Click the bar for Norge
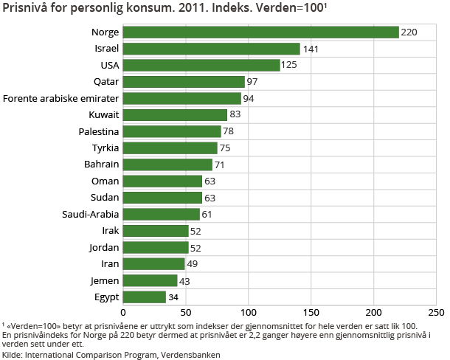[260, 32]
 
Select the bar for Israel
[211, 49]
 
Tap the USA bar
[201, 65]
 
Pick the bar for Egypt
[144, 297]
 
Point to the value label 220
[409, 32]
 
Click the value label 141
[311, 49]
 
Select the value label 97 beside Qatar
[253, 82]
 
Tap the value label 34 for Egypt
[174, 297]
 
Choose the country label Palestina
[98, 131]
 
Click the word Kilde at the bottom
[12, 354]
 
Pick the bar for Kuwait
[175, 115]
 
